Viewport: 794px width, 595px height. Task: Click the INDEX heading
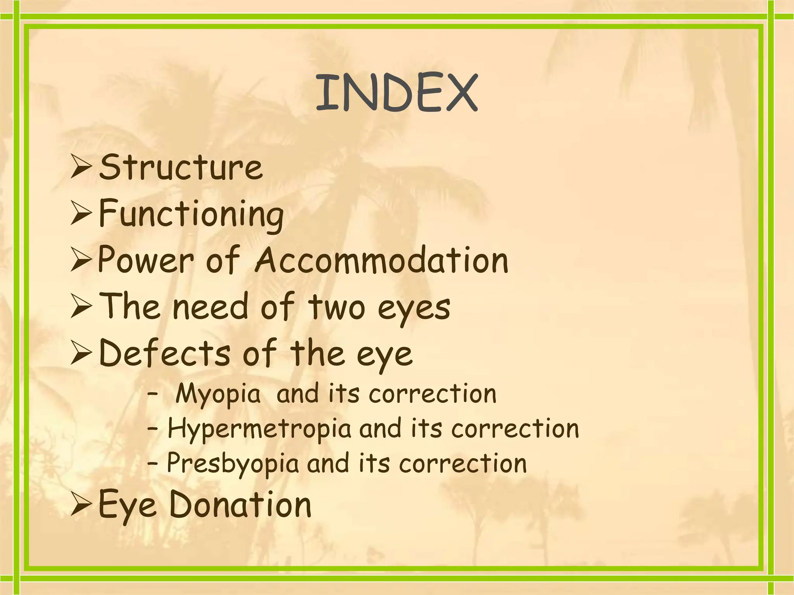[397, 93]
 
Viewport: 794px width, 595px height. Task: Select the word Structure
[181, 167]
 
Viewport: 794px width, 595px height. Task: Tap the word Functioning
[191, 214]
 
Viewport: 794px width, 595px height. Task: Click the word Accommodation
[382, 260]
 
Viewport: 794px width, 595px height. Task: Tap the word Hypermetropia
[259, 429]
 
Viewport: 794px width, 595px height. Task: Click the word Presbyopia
[233, 464]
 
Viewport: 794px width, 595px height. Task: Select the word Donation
[240, 504]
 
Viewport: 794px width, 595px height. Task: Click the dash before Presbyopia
[153, 463]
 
